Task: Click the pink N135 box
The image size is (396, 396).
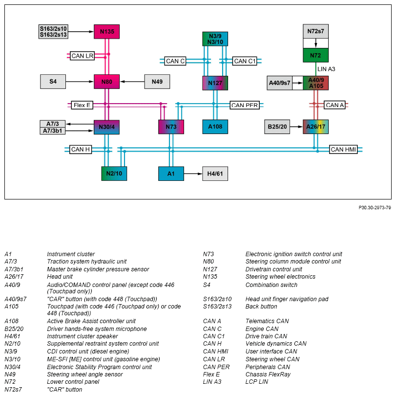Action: pyautogui.click(x=106, y=32)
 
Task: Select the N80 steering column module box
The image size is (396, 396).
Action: pyautogui.click(x=106, y=82)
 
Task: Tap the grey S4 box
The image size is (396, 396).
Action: pyautogui.click(x=53, y=82)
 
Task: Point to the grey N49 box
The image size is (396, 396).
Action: pyautogui.click(x=157, y=82)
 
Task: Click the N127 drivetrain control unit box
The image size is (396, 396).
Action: pyautogui.click(x=215, y=83)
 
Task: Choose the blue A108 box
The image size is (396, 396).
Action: pyautogui.click(x=215, y=127)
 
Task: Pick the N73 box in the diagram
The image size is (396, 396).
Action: pyautogui.click(x=171, y=127)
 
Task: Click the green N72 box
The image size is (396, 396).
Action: pyautogui.click(x=316, y=55)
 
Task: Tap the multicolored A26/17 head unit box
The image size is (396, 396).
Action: pyautogui.click(x=316, y=127)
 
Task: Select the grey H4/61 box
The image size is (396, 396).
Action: pyautogui.click(x=215, y=174)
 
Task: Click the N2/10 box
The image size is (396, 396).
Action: pyautogui.click(x=114, y=174)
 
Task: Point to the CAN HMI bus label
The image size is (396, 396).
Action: pyautogui.click(x=343, y=150)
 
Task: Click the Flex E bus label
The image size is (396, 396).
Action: pyautogui.click(x=82, y=105)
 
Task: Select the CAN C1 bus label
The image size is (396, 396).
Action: pyautogui.click(x=245, y=61)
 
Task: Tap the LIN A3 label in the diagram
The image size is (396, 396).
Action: pyautogui.click(x=326, y=69)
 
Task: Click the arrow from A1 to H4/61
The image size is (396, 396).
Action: pyautogui.click(x=193, y=174)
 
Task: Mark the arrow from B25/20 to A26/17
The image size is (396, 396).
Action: pyautogui.click(x=296, y=127)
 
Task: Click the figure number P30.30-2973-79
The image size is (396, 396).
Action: pyautogui.click(x=375, y=208)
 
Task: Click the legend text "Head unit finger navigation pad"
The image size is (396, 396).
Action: pyautogui.click(x=287, y=299)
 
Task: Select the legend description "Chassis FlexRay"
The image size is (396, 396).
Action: pyautogui.click(x=268, y=374)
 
